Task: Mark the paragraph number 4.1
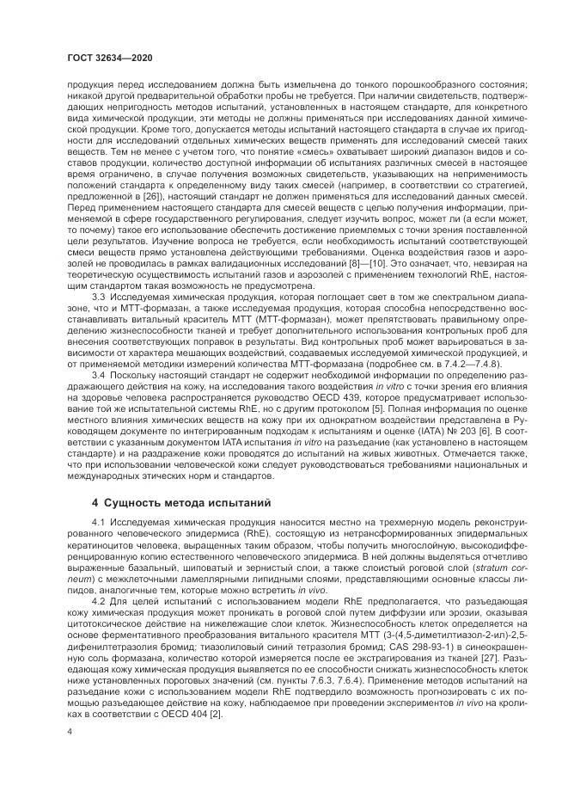(99, 522)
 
